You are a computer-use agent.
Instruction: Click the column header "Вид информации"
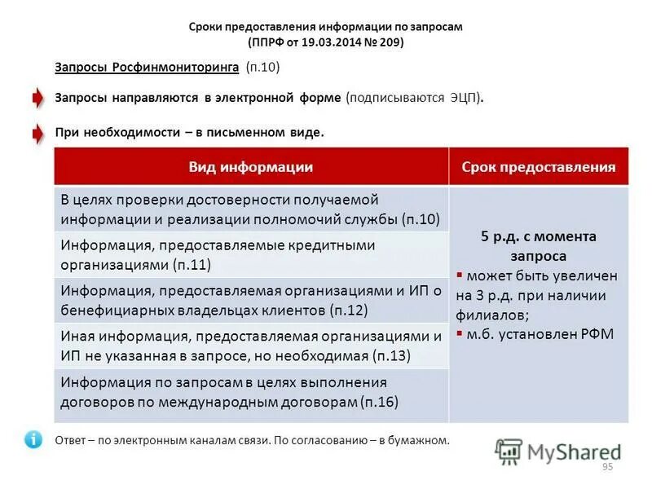tap(251, 167)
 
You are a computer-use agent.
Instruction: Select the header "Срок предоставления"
tap(539, 167)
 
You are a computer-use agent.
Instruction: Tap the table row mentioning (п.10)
tap(251, 209)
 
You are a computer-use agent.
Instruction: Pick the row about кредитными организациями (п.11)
tap(251, 254)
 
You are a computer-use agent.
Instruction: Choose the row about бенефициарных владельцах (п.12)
tap(251, 300)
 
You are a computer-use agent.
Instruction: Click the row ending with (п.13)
tap(251, 346)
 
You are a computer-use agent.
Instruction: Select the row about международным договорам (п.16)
tap(251, 392)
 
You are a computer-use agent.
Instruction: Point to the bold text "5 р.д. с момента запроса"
tap(539, 245)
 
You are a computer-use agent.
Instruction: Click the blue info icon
tap(33, 439)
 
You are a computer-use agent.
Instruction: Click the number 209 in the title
tap(390, 42)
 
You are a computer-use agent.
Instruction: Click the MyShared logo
tap(557, 452)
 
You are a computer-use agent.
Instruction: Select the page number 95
tap(606, 466)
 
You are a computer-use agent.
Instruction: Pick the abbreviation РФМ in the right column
tap(596, 333)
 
